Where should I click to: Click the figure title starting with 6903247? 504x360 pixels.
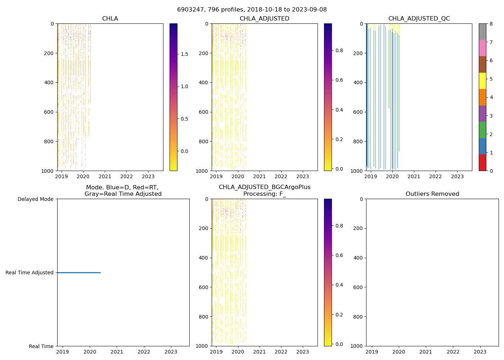tap(252, 10)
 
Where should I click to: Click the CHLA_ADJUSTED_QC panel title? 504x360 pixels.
tap(419, 19)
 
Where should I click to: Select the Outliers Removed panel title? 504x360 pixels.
tap(432, 194)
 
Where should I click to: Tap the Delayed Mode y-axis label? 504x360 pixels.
tap(35, 199)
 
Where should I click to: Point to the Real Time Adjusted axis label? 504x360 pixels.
tap(30, 273)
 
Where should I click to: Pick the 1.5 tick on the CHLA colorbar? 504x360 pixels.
tap(184, 54)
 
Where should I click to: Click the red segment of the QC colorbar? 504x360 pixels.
tap(482, 162)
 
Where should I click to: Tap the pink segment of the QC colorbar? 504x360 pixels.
tap(482, 48)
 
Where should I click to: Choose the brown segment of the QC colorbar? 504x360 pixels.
tap(482, 64)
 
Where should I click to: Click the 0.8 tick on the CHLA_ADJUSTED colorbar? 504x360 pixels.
tap(339, 50)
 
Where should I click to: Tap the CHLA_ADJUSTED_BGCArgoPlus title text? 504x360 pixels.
tap(264, 187)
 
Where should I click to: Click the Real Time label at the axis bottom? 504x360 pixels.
tap(41, 346)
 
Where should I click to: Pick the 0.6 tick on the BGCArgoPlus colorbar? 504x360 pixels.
tap(339, 255)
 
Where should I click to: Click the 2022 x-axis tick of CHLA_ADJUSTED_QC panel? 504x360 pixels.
tap(435, 177)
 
